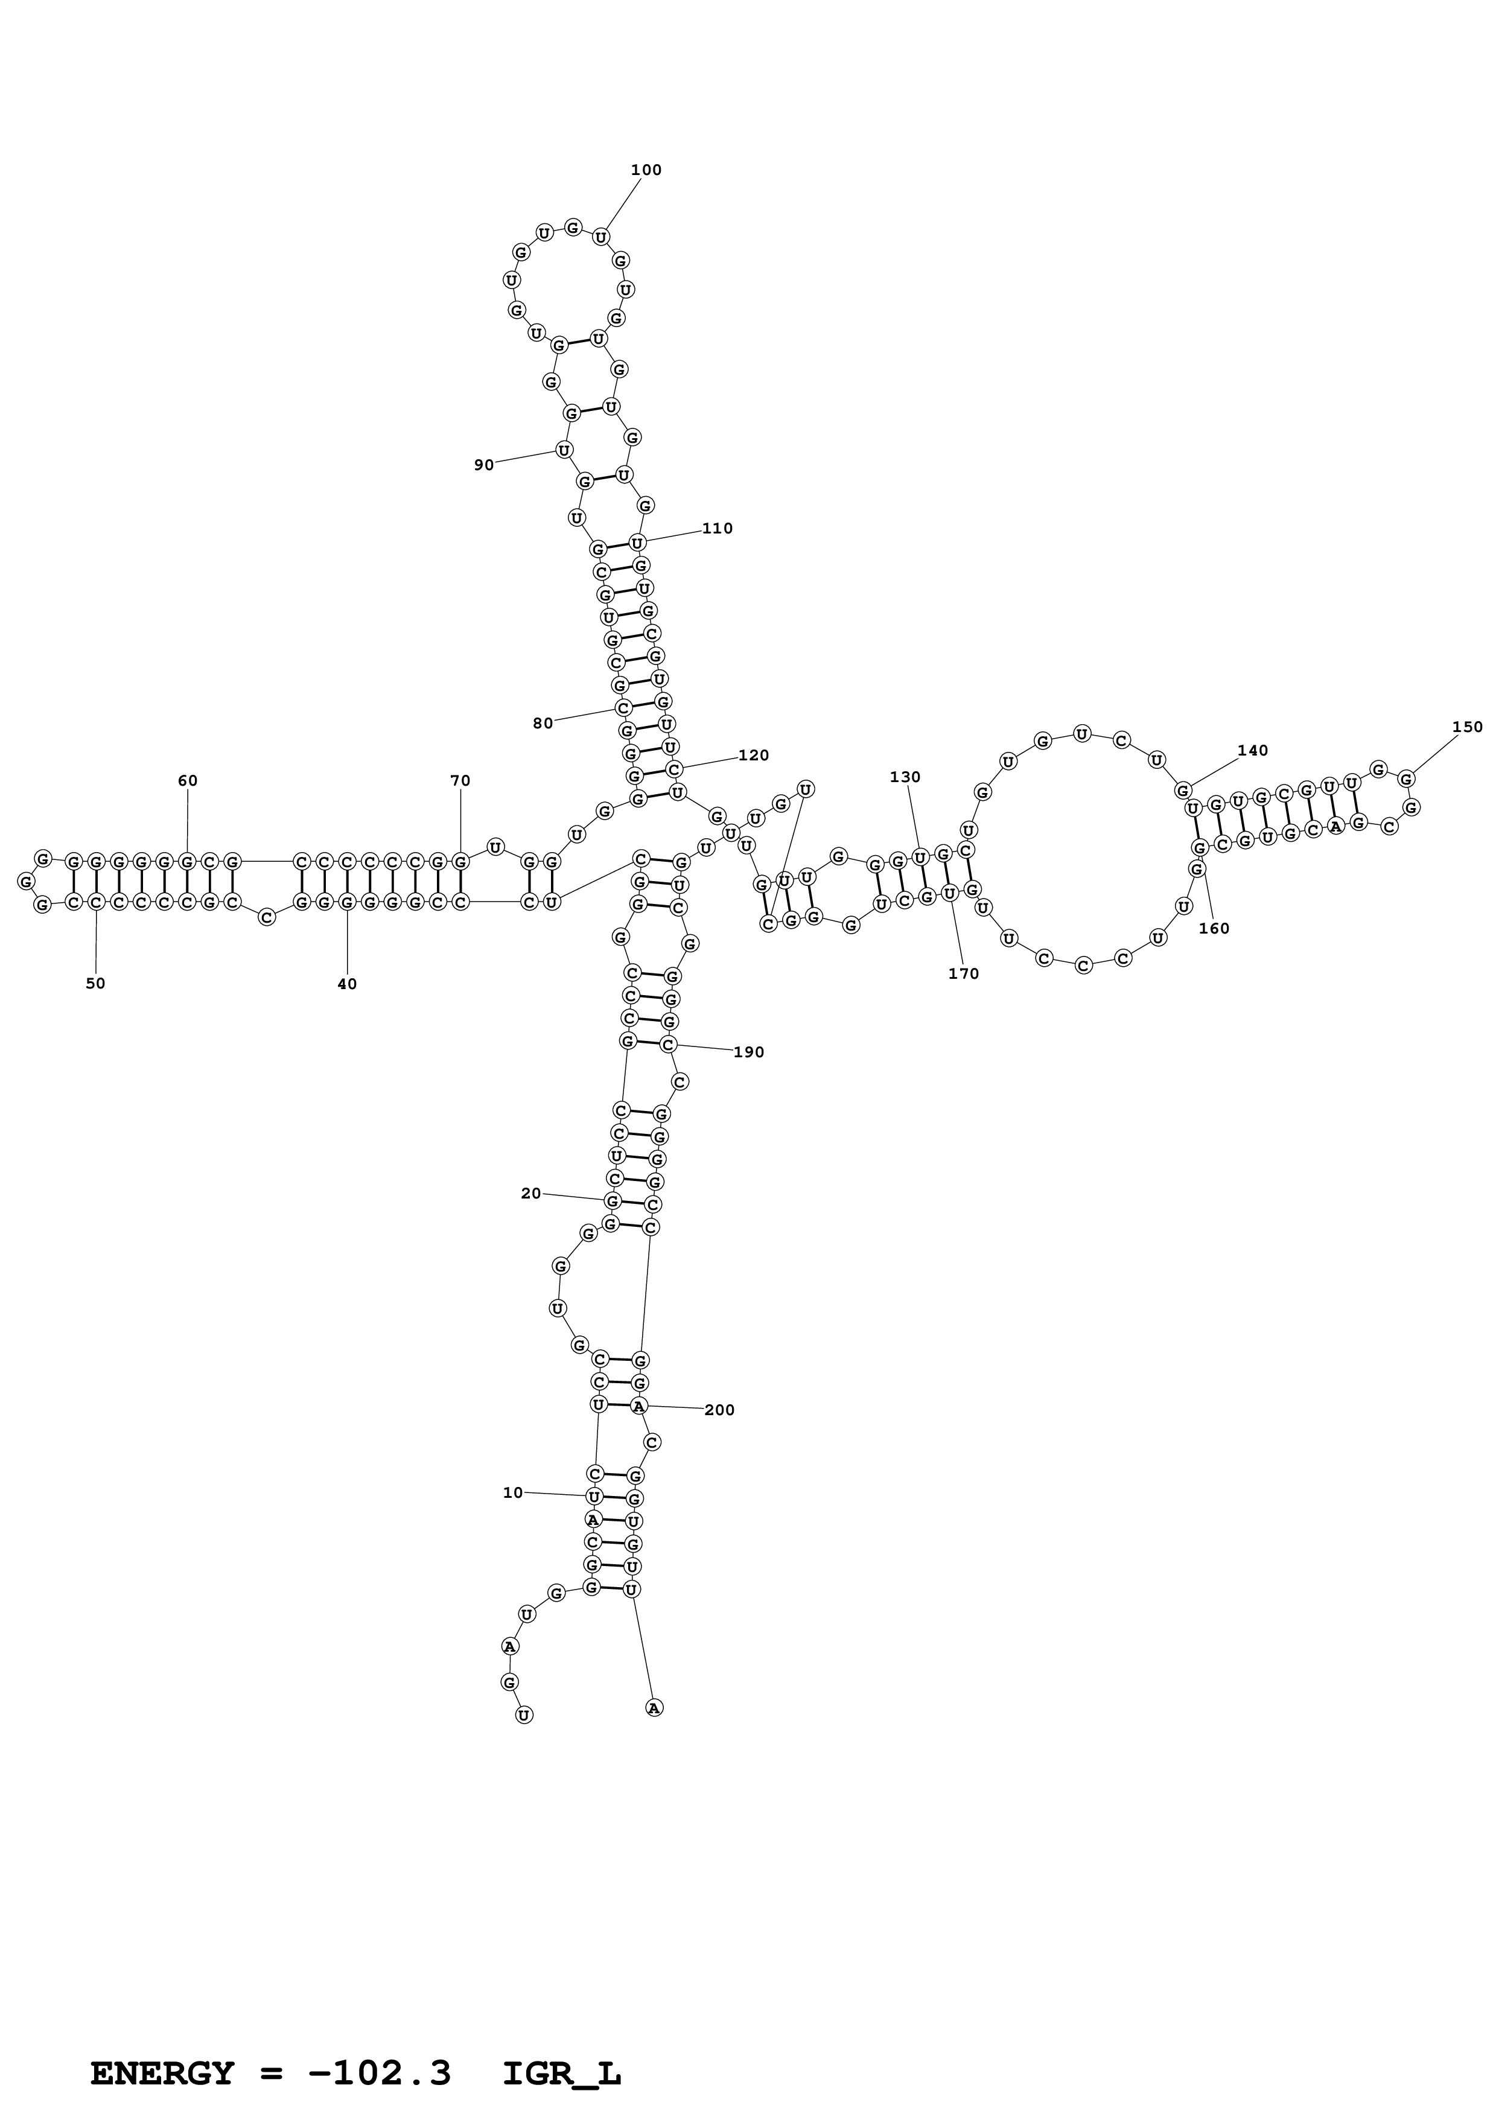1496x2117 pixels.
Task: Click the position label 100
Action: [x=646, y=170]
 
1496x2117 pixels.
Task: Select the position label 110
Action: [x=717, y=528]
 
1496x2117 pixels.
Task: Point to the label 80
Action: [x=543, y=724]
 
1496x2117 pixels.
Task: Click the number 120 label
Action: [x=753, y=755]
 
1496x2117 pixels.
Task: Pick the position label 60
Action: [x=187, y=781]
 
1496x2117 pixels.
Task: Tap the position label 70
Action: [x=460, y=781]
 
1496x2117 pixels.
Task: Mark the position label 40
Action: [x=346, y=984]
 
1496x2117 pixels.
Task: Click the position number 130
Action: [x=905, y=777]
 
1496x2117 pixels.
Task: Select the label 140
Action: [x=1253, y=751]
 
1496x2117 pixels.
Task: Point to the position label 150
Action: [x=1468, y=727]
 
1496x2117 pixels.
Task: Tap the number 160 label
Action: [x=1214, y=929]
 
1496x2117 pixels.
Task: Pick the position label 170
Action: [x=963, y=973]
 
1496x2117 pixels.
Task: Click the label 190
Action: [x=748, y=1052]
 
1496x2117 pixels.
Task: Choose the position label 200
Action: [x=719, y=1410]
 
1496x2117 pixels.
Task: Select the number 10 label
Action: [x=512, y=1493]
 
